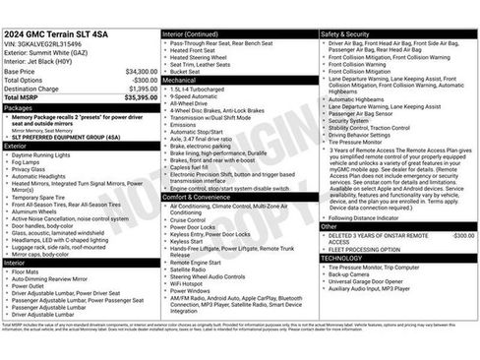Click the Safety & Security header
tap(345, 33)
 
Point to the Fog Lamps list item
tap(30, 161)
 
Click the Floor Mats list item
tap(29, 271)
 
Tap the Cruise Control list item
tap(196, 218)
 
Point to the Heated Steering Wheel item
tap(203, 57)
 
